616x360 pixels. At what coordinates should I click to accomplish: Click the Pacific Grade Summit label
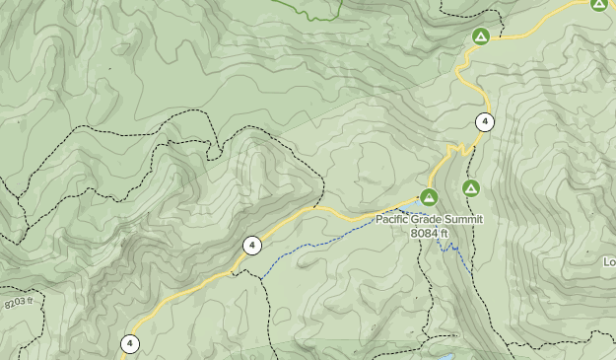coord(430,219)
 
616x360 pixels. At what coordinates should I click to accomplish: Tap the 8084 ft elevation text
coord(430,233)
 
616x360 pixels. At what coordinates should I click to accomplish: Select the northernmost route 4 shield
coord(484,122)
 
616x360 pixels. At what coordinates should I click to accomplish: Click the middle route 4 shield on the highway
coord(252,245)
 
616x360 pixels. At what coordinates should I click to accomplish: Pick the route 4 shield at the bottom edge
coord(130,343)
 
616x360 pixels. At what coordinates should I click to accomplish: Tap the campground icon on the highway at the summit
coord(429,196)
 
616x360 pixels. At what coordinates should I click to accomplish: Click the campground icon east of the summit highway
coord(471,187)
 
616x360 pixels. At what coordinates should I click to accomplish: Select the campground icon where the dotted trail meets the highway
coord(480,37)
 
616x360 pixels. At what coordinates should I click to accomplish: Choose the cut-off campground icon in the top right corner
coord(599,4)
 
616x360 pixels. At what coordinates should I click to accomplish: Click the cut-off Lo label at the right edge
coord(609,261)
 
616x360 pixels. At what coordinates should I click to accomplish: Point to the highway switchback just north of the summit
coord(455,150)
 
